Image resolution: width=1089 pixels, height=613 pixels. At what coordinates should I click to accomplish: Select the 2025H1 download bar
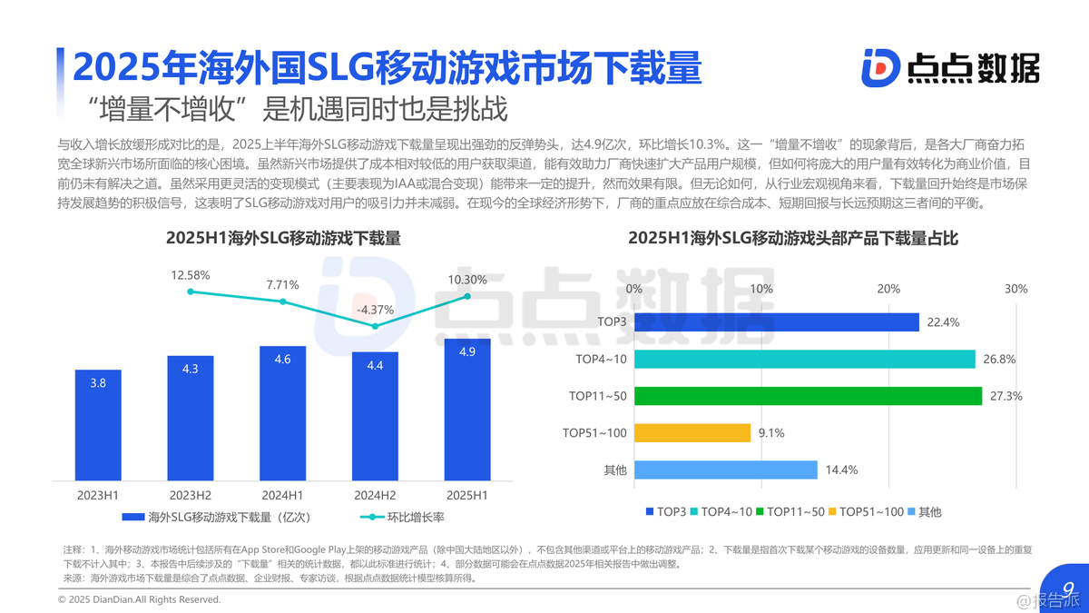[x=467, y=409]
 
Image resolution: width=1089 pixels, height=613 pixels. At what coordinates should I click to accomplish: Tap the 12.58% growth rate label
[x=191, y=275]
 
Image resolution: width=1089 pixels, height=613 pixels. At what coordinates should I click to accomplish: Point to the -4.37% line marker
[x=375, y=326]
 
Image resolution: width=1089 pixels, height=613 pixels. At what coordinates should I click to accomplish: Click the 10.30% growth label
[x=467, y=280]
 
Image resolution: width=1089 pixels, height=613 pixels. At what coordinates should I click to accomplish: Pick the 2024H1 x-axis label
[x=282, y=495]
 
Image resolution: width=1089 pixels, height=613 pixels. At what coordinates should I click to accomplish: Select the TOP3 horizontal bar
[x=776, y=322]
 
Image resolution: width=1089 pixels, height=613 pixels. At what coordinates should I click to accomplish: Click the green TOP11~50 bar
[x=808, y=396]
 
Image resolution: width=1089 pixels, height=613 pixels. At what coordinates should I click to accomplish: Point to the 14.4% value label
[x=841, y=470]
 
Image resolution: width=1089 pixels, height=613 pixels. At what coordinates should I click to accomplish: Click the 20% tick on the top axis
[x=888, y=289]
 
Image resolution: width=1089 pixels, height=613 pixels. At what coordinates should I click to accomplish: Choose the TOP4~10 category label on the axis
[x=601, y=360]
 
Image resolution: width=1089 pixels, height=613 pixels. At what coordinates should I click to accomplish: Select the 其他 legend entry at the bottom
[x=924, y=512]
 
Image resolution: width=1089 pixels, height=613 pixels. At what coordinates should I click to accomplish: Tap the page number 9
[x=1068, y=588]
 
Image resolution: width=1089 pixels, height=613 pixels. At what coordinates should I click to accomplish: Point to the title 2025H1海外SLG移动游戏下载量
[x=283, y=239]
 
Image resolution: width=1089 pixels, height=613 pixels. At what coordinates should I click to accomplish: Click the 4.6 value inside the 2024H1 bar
[x=282, y=360]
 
